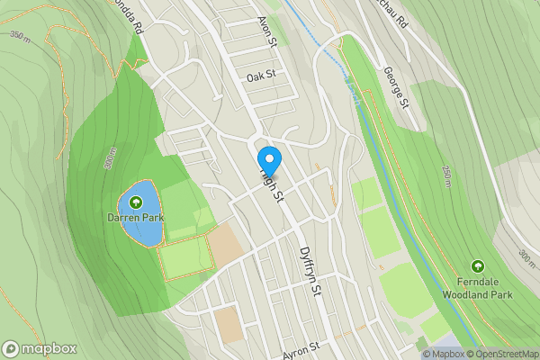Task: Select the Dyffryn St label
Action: click(x=310, y=272)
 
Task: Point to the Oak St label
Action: click(x=259, y=77)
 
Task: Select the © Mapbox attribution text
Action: click(x=446, y=354)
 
